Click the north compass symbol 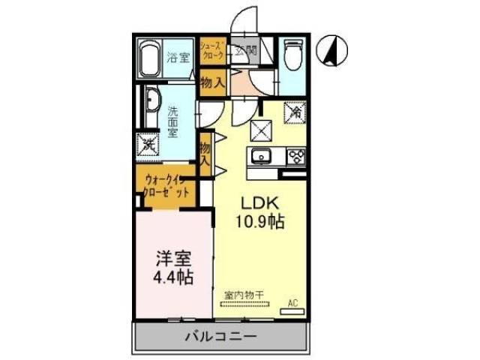[x=333, y=50]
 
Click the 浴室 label [x=177, y=56]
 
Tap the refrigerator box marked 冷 [x=295, y=112]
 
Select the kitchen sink [x=262, y=157]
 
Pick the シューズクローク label [x=212, y=52]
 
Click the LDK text [x=259, y=203]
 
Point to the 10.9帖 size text [x=260, y=222]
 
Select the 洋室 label [x=173, y=259]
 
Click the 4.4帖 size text [x=173, y=277]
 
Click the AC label [x=293, y=304]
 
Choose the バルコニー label [x=220, y=335]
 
